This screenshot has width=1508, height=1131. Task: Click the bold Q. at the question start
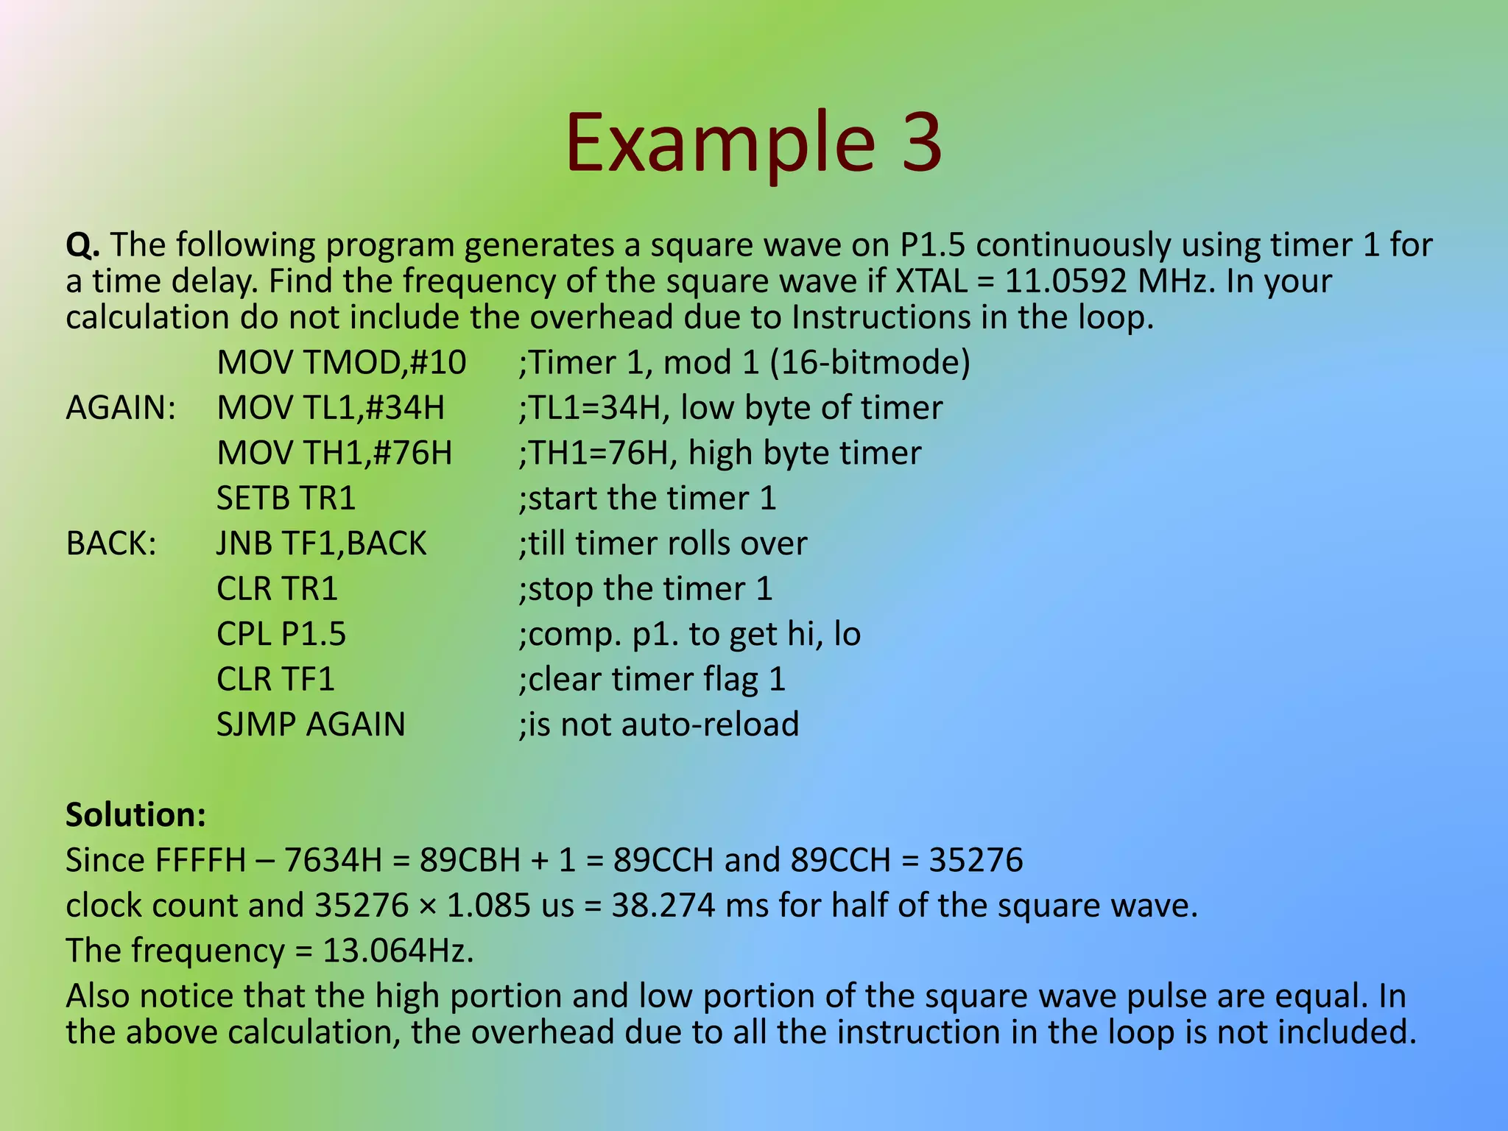pyautogui.click(x=82, y=244)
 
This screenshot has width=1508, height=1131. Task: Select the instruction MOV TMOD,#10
pyautogui.click(x=341, y=362)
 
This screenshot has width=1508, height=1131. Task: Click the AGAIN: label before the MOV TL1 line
pyautogui.click(x=121, y=408)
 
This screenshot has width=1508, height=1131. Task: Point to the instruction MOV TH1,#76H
pyautogui.click(x=334, y=453)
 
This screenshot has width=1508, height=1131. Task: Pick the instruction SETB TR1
pyautogui.click(x=286, y=498)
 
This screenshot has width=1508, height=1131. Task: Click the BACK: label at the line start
pyautogui.click(x=111, y=543)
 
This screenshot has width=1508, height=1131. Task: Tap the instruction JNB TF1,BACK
pyautogui.click(x=321, y=543)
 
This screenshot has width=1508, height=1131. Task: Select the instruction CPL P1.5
pyautogui.click(x=281, y=634)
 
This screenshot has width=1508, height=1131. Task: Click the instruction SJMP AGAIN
pyautogui.click(x=310, y=725)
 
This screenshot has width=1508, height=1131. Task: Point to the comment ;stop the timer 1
pyautogui.click(x=645, y=589)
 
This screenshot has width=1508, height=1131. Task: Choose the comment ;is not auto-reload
pyautogui.click(x=658, y=725)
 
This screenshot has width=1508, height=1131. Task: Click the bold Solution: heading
pyautogui.click(x=135, y=815)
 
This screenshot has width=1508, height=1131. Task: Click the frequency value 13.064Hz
pyautogui.click(x=398, y=951)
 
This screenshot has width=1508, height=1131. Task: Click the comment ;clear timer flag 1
pyautogui.click(x=652, y=680)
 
